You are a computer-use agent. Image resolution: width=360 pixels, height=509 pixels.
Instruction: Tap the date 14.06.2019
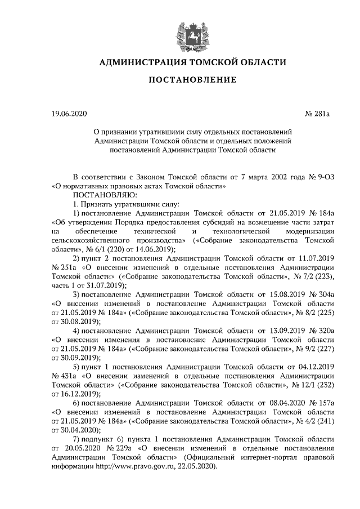[x=156, y=249]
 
